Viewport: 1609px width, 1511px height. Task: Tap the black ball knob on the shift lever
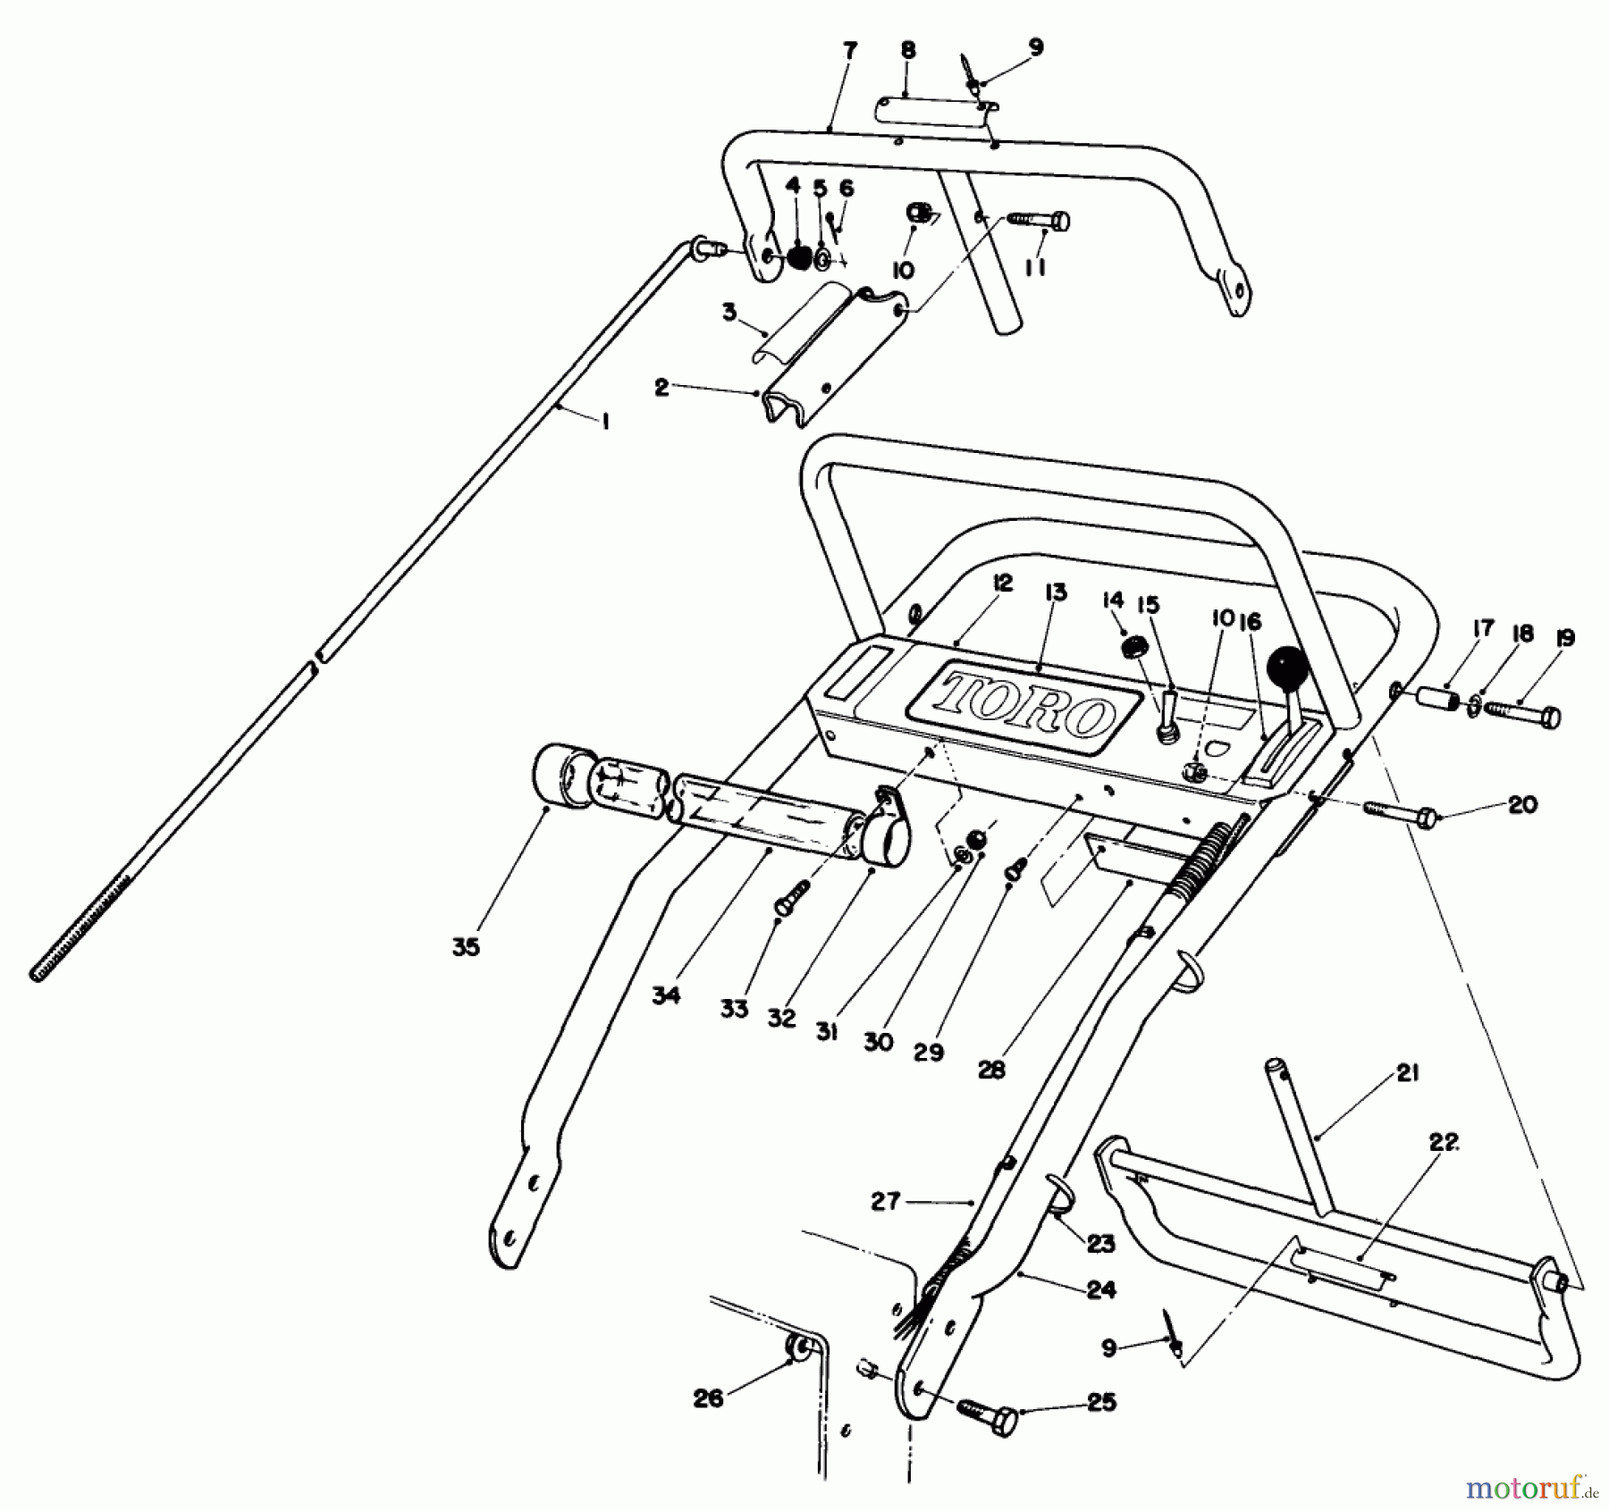[1286, 667]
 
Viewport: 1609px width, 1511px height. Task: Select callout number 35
[466, 948]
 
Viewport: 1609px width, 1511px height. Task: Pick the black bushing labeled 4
[796, 257]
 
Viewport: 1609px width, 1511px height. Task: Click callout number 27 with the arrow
[886, 1202]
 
